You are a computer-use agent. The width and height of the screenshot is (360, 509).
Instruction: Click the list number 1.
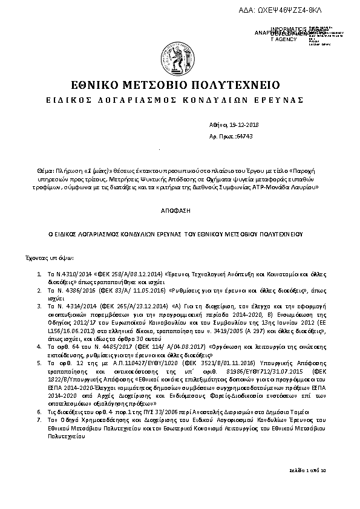click(x=39, y=274)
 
